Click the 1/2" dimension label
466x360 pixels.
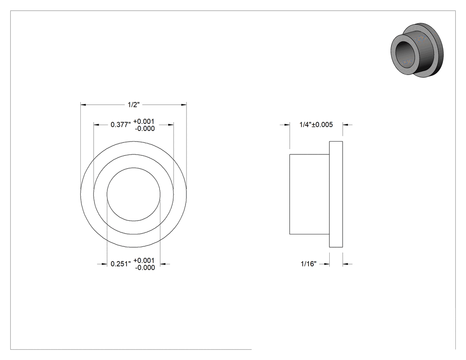pyautogui.click(x=134, y=105)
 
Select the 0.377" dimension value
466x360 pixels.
pyautogui.click(x=121, y=125)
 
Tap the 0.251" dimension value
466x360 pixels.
pyautogui.click(x=121, y=264)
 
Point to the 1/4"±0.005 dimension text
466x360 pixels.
pyautogui.click(x=316, y=125)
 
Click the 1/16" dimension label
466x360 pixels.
pyautogui.click(x=308, y=264)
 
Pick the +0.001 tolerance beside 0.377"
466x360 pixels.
pyautogui.click(x=144, y=121)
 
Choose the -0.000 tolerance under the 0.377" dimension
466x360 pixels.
pyautogui.click(x=145, y=128)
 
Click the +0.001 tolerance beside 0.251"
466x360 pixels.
pyautogui.click(x=144, y=261)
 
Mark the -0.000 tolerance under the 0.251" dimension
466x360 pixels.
pyautogui.click(x=145, y=268)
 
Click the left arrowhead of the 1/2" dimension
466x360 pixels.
pyautogui.click(x=83, y=105)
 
